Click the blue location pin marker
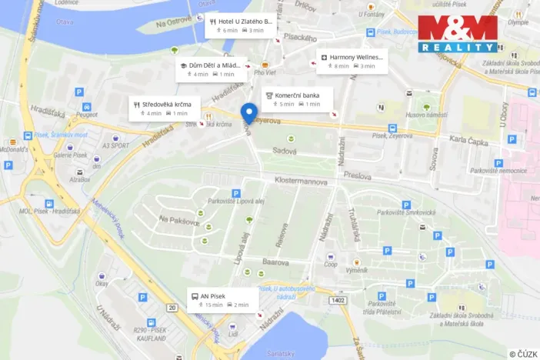[248, 113]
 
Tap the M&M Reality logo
[458, 34]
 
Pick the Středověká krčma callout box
[165, 108]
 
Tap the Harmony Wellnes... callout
[352, 62]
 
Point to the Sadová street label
[285, 152]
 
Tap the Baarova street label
[275, 262]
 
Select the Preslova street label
[358, 174]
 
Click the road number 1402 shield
[337, 300]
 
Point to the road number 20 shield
[172, 308]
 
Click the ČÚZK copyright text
[522, 354]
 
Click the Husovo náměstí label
[432, 115]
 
